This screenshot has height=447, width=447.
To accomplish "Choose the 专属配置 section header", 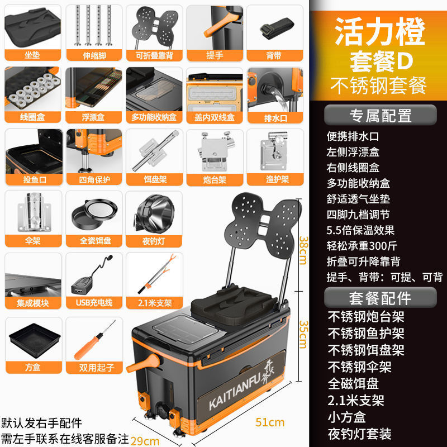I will [381, 116].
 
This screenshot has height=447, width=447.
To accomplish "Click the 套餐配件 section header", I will [381, 297].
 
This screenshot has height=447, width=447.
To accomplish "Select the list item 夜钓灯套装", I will [360, 433].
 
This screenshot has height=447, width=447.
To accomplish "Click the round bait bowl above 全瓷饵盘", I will [93, 213].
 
